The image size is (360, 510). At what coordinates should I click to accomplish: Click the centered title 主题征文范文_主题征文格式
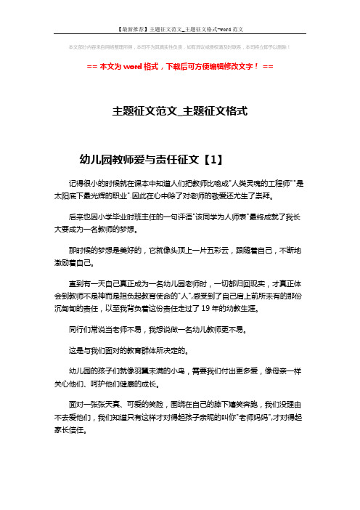(x=180, y=113)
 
